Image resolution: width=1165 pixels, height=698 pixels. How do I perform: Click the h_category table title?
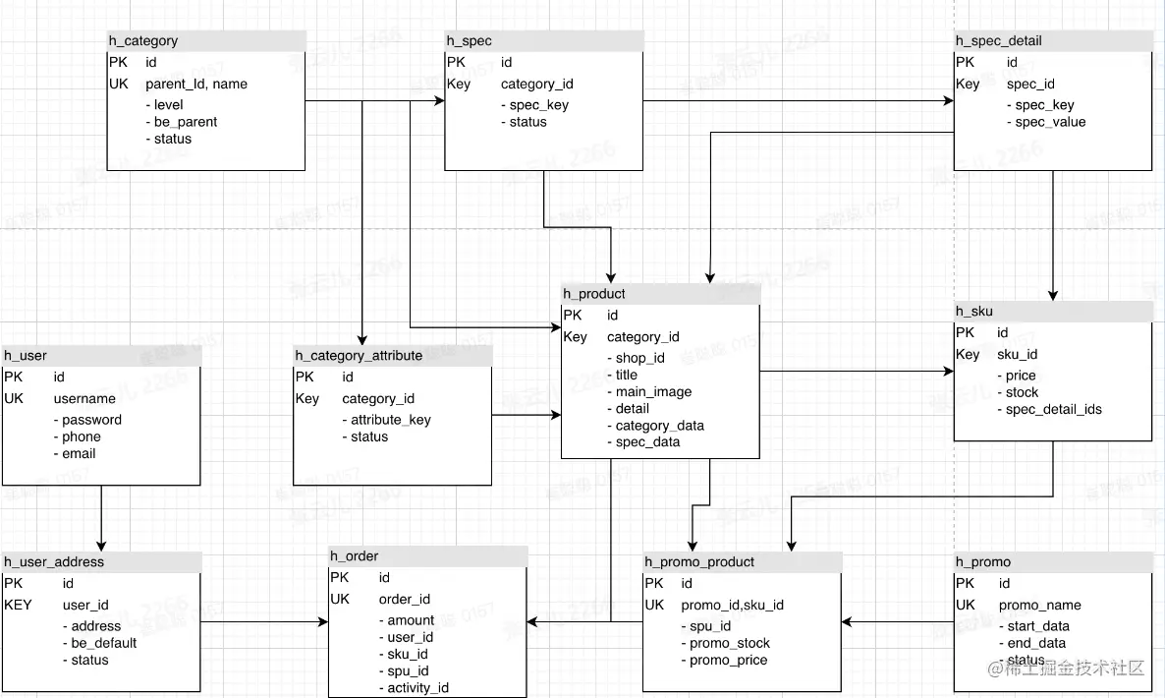pos(143,41)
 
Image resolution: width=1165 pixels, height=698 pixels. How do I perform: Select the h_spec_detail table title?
pos(999,41)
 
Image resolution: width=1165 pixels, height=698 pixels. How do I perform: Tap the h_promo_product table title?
pos(699,562)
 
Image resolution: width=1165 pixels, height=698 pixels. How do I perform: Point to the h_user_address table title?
pos(54,562)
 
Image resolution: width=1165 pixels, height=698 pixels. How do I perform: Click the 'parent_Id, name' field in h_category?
pos(196,85)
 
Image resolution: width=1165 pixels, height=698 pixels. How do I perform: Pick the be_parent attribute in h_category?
pos(186,122)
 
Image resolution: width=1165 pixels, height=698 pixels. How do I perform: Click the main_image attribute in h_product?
pos(653,392)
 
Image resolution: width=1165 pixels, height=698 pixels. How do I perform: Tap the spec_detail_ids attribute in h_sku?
pos(1053,410)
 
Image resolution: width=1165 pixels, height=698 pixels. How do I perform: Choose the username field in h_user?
pos(84,399)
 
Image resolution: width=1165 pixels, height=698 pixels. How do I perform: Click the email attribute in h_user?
pos(79,454)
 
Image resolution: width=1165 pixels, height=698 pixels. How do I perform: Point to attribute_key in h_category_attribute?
pos(391,420)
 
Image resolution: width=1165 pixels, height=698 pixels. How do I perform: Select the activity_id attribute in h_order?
pos(417,688)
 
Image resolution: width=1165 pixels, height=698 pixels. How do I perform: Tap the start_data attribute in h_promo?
pos(1038,626)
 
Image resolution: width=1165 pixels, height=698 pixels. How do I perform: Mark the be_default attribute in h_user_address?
pos(104,643)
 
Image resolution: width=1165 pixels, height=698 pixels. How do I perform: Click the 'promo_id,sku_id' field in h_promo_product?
pos(732,606)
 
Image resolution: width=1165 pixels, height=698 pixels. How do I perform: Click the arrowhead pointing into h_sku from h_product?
pos(949,372)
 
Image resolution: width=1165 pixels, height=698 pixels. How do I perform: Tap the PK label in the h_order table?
pos(340,578)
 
